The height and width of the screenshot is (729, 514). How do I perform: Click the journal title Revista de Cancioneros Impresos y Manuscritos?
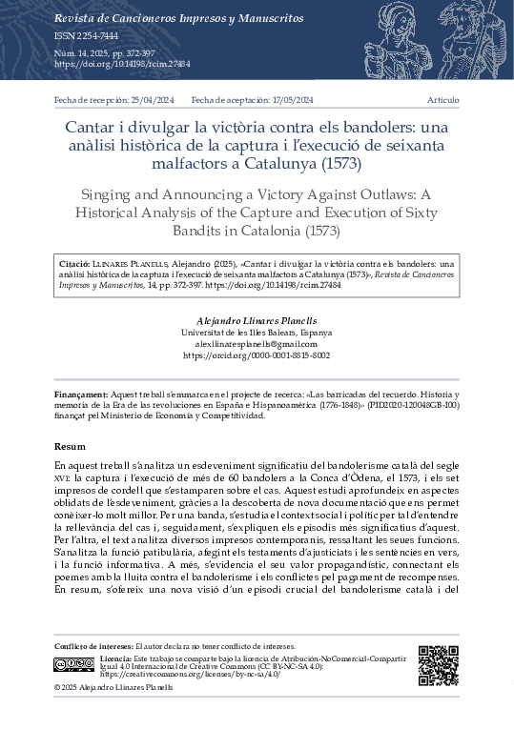click(x=171, y=18)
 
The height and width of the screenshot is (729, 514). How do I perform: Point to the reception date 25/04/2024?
click(x=146, y=99)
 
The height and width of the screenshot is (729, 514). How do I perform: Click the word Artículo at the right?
click(x=442, y=99)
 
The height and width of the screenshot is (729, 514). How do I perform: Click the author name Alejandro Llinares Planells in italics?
click(x=257, y=321)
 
